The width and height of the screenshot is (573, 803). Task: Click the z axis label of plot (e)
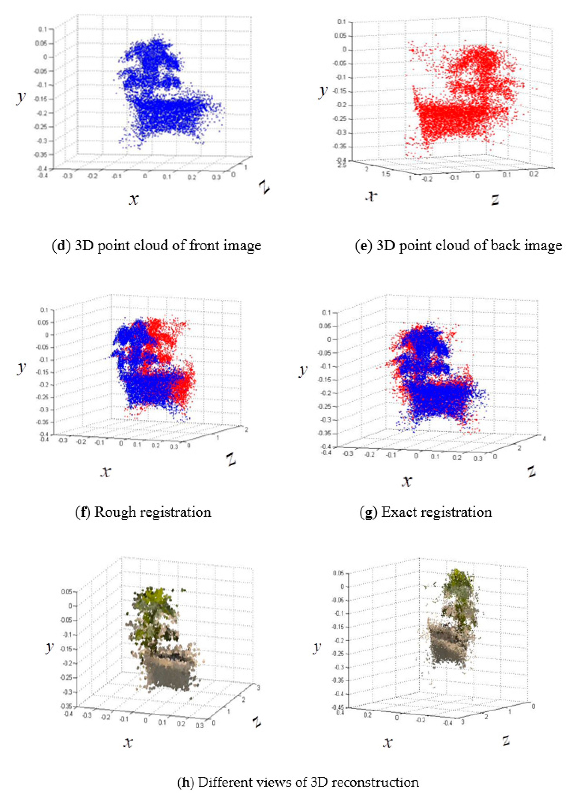click(495, 200)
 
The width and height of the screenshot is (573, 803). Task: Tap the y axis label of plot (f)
click(22, 367)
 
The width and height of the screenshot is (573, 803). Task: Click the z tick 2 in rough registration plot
click(246, 430)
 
